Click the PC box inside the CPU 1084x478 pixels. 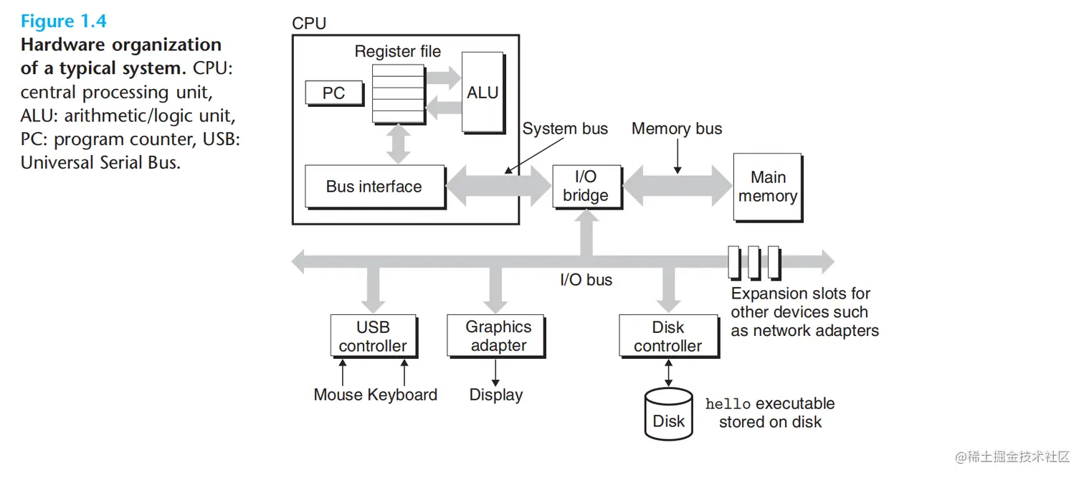[x=333, y=93]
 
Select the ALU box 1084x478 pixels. [x=482, y=92]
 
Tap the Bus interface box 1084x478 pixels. [x=374, y=187]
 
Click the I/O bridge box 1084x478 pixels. [x=586, y=186]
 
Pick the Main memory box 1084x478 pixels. [x=767, y=187]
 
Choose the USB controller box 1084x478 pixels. [x=373, y=336]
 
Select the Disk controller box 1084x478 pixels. [x=668, y=336]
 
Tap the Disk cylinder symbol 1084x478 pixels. [x=668, y=414]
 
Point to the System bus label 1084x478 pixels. [x=565, y=129]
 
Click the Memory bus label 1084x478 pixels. [x=677, y=129]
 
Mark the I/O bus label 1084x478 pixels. [x=586, y=280]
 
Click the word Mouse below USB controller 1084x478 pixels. [x=338, y=395]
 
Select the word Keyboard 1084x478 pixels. [x=402, y=395]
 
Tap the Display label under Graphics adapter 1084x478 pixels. [x=496, y=395]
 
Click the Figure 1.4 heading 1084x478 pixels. [x=64, y=22]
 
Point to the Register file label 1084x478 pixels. [x=398, y=52]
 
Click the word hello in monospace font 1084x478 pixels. [x=728, y=404]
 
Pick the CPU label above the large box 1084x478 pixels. [x=309, y=24]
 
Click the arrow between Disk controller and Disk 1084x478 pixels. [x=668, y=373]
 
